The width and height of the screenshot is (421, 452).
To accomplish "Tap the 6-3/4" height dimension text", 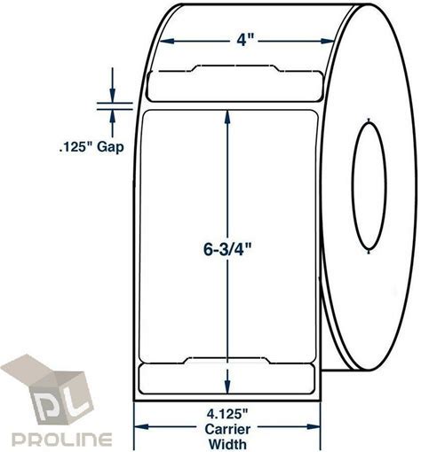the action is tap(227, 250).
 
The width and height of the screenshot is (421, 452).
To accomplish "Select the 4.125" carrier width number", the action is tap(227, 415).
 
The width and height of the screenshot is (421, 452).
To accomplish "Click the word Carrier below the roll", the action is tap(227, 429).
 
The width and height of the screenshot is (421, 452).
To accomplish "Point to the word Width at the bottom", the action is tap(227, 444).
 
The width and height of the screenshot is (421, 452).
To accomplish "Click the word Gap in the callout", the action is tap(110, 147).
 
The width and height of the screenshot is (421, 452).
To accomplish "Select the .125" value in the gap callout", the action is tap(76, 146).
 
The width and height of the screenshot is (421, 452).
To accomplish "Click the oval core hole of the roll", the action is tap(369, 186).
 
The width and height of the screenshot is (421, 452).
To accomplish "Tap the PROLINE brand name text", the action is tap(62, 440).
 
